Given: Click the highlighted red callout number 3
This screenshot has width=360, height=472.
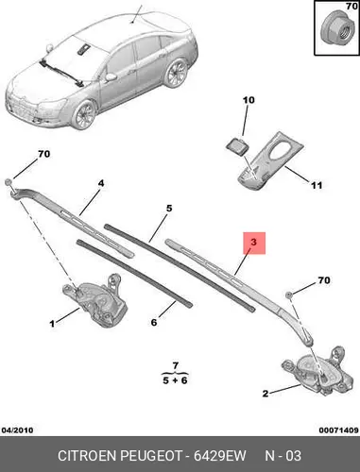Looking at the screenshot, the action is coord(254,242).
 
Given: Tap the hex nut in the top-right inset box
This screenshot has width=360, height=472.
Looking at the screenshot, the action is coord(335,27).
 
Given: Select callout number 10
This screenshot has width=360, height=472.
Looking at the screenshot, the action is coord(249,100).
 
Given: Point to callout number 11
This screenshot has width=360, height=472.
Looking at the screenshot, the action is coord(317,185).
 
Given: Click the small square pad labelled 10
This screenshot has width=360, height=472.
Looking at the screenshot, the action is coord(237,146).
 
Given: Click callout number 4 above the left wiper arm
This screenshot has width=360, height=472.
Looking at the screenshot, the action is coord(101,183).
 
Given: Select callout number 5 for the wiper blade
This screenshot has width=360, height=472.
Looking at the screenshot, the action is coord(169,208).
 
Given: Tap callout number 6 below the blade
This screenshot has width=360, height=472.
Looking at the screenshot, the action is coord(154,322).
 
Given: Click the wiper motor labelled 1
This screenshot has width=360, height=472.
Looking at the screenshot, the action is coord(95,300).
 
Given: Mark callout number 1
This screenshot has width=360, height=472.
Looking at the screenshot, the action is coord(52,323).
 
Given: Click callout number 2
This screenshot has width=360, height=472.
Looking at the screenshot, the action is coord(266,394).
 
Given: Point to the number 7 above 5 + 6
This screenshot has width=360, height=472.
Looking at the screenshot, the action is coord(176,365).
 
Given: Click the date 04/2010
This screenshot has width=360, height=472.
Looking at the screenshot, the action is coord(18,430).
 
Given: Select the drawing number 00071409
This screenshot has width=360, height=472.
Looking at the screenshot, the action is coord(338,430).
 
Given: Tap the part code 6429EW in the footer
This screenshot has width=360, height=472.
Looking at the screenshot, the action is coord(220,456).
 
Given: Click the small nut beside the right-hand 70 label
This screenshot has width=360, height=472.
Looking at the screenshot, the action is coord(288,295).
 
